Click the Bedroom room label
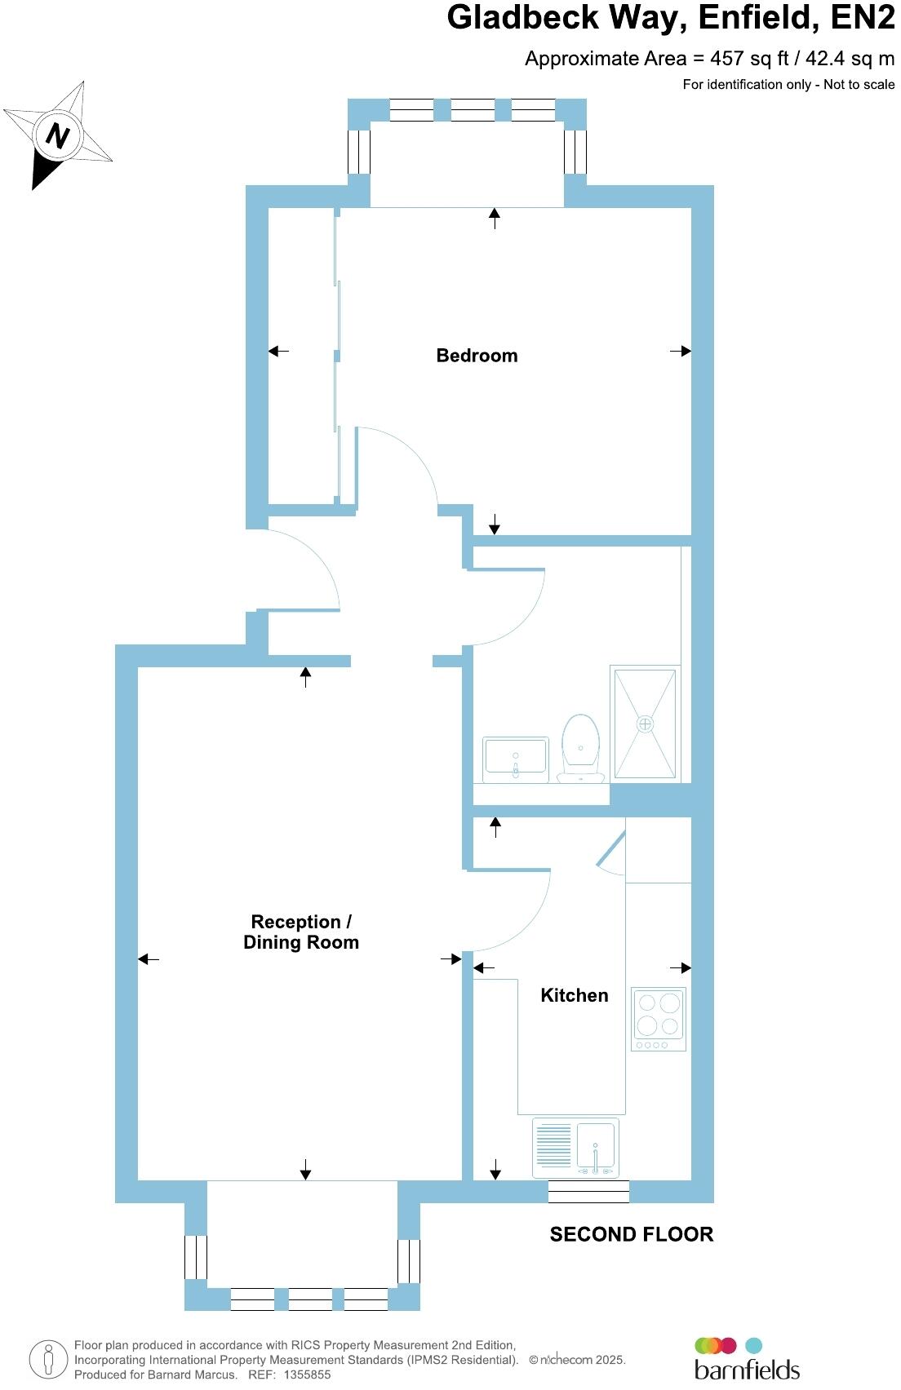[477, 356]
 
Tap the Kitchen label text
[575, 995]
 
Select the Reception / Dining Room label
[301, 932]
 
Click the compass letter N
[56, 135]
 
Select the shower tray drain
[646, 724]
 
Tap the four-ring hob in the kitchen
[659, 1018]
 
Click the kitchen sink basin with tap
[595, 1147]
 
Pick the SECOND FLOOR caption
[631, 1234]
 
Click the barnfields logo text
[746, 1369]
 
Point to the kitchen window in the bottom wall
[588, 1192]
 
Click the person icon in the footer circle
[48, 1360]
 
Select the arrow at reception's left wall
[149, 959]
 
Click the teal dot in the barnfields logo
[754, 1346]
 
